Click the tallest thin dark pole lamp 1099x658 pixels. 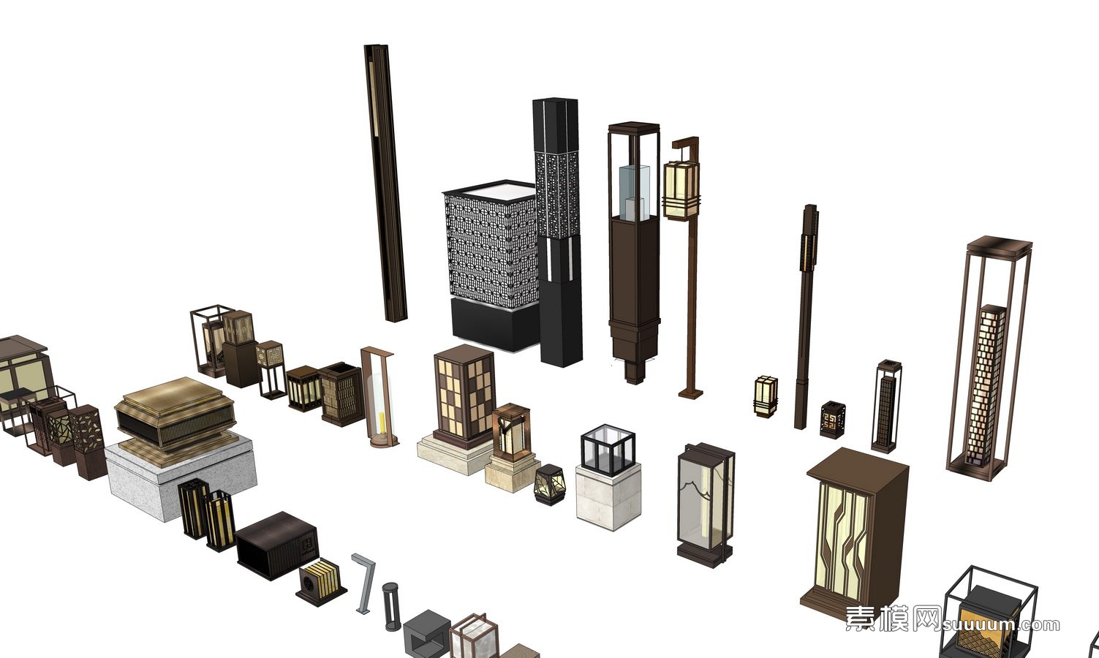click(x=385, y=183)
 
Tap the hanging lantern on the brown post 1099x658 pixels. click(x=681, y=190)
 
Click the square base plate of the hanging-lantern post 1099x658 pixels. click(x=691, y=393)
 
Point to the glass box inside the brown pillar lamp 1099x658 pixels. click(x=635, y=192)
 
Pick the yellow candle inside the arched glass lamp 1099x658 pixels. click(x=381, y=425)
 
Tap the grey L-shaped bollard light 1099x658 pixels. click(x=364, y=583)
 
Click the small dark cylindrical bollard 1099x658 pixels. click(x=391, y=607)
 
